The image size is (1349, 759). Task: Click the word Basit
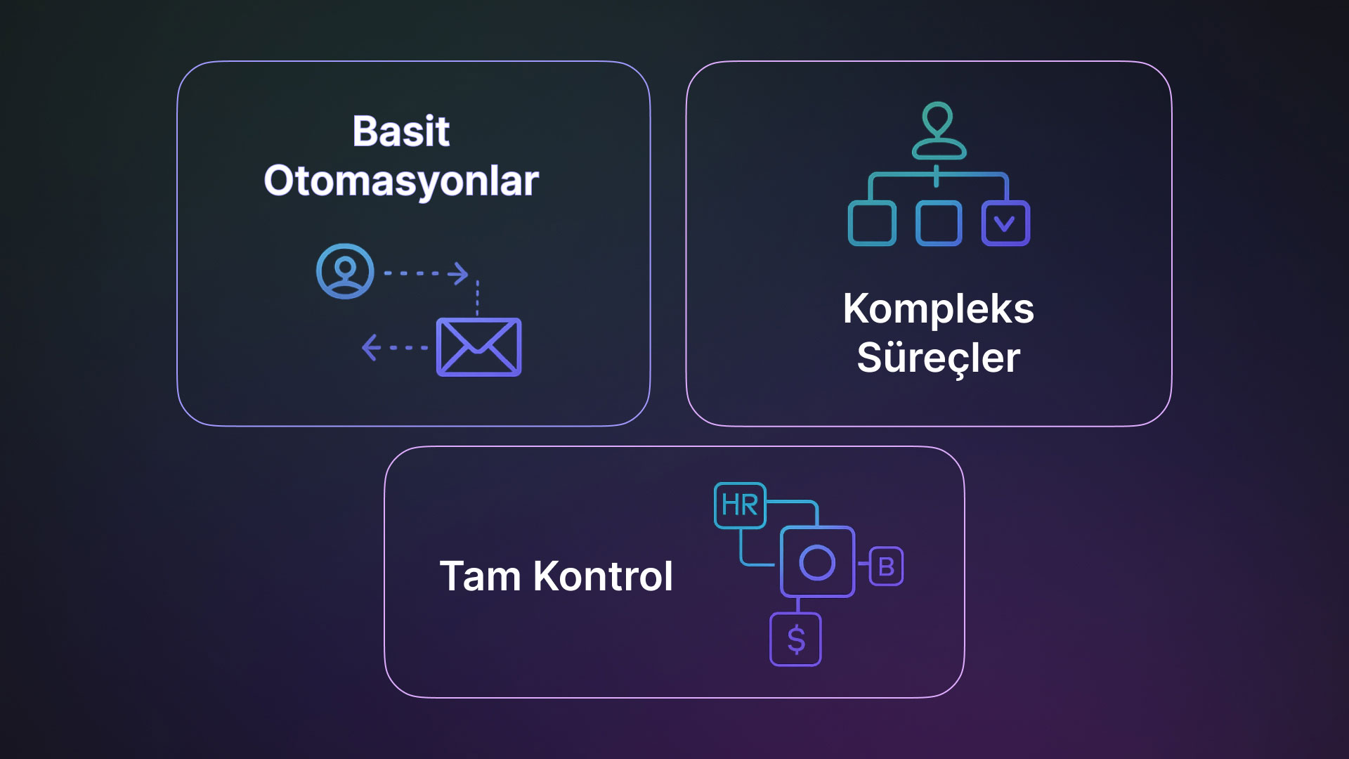click(400, 131)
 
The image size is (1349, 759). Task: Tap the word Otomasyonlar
click(400, 181)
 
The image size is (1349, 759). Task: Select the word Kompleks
click(938, 309)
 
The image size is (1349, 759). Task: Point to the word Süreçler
click(938, 358)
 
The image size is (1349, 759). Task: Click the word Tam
click(480, 576)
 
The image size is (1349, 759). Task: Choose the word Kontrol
click(603, 576)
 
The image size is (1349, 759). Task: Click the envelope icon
click(478, 347)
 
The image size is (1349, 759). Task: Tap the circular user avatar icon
click(345, 271)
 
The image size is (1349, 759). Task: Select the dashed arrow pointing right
click(426, 273)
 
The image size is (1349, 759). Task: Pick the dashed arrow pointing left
click(394, 347)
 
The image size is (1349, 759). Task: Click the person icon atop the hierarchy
click(938, 131)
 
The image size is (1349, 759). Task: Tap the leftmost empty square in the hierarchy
click(872, 223)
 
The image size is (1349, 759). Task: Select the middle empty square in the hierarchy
click(939, 223)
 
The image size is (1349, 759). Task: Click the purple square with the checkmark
click(1005, 223)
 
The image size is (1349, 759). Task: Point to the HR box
click(740, 505)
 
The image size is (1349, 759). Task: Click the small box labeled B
click(886, 566)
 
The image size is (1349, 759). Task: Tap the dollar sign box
click(795, 640)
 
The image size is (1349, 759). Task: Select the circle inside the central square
click(817, 562)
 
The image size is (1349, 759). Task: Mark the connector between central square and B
click(863, 564)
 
